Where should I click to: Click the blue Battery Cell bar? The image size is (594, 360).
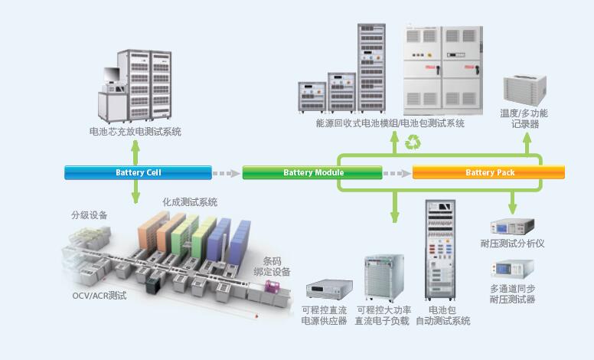(138, 172)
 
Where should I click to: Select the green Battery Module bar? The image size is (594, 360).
(314, 172)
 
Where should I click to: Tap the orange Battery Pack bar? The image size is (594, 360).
(488, 172)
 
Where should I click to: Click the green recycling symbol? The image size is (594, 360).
(413, 142)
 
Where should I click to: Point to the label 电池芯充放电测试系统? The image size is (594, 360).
(135, 132)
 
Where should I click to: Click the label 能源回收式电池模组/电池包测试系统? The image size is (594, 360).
(390, 123)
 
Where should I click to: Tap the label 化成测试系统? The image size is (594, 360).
(190, 202)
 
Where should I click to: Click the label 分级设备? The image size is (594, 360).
(90, 215)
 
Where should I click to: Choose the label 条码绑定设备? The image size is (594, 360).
(271, 266)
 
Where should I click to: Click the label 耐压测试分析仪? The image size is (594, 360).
(512, 244)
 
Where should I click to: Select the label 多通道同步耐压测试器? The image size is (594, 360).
(512, 294)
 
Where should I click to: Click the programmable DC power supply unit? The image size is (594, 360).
(327, 290)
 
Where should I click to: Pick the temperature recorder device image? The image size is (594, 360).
(524, 90)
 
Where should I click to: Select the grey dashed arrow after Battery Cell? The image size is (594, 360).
(224, 173)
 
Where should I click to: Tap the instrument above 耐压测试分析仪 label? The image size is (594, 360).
(512, 227)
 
